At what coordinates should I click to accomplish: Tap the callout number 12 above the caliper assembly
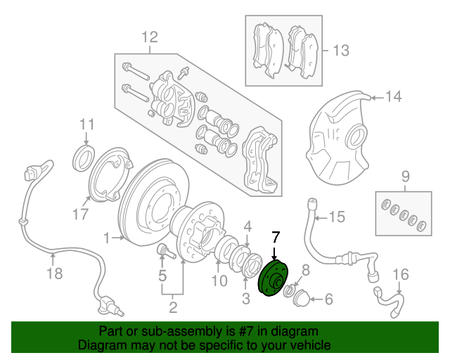click(x=149, y=37)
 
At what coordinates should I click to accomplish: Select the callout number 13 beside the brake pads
click(x=340, y=51)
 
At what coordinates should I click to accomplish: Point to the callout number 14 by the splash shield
click(x=393, y=97)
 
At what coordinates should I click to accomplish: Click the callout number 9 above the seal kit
click(x=405, y=176)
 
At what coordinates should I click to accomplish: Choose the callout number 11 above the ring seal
click(x=86, y=125)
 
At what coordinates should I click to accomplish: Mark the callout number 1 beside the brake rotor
click(x=106, y=238)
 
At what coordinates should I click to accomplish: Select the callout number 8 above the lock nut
click(x=305, y=269)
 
